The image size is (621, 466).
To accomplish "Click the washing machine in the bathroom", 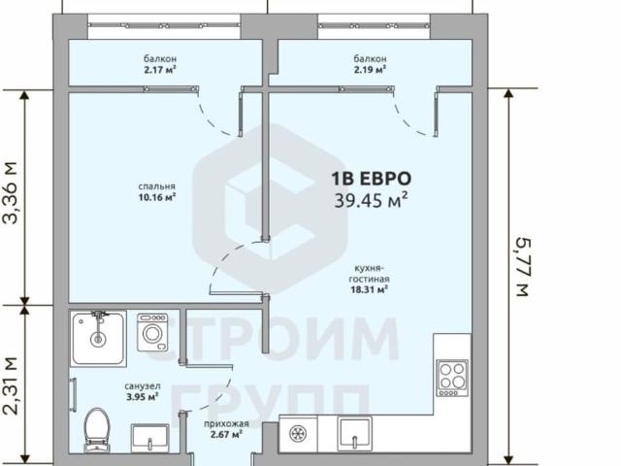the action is (x=152, y=332).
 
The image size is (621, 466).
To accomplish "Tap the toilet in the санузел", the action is (x=97, y=430).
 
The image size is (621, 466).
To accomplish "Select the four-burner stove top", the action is (x=452, y=378).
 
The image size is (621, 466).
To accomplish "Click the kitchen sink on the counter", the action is (x=354, y=434).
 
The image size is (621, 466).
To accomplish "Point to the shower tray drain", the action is (x=97, y=339).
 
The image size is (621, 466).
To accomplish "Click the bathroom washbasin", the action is (x=150, y=438).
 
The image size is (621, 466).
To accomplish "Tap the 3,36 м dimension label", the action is (x=11, y=193).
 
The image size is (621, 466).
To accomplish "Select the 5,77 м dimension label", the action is (x=523, y=267).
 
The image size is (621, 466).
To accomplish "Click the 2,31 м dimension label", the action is (x=11, y=386).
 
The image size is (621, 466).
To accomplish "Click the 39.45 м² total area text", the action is (x=371, y=200).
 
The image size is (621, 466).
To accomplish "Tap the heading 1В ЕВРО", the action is (x=371, y=179).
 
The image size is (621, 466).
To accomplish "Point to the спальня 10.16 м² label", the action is (x=157, y=192).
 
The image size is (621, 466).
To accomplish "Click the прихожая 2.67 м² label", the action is (x=226, y=429).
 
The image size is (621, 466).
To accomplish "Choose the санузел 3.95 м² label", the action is (x=143, y=391).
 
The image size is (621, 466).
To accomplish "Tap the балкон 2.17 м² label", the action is (x=160, y=64).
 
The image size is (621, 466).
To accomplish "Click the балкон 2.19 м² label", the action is (x=370, y=64).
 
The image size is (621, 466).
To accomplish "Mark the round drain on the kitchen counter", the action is (x=298, y=434).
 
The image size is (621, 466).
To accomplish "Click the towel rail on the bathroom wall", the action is (x=74, y=395).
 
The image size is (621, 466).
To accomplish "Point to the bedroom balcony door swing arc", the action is (x=215, y=118).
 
